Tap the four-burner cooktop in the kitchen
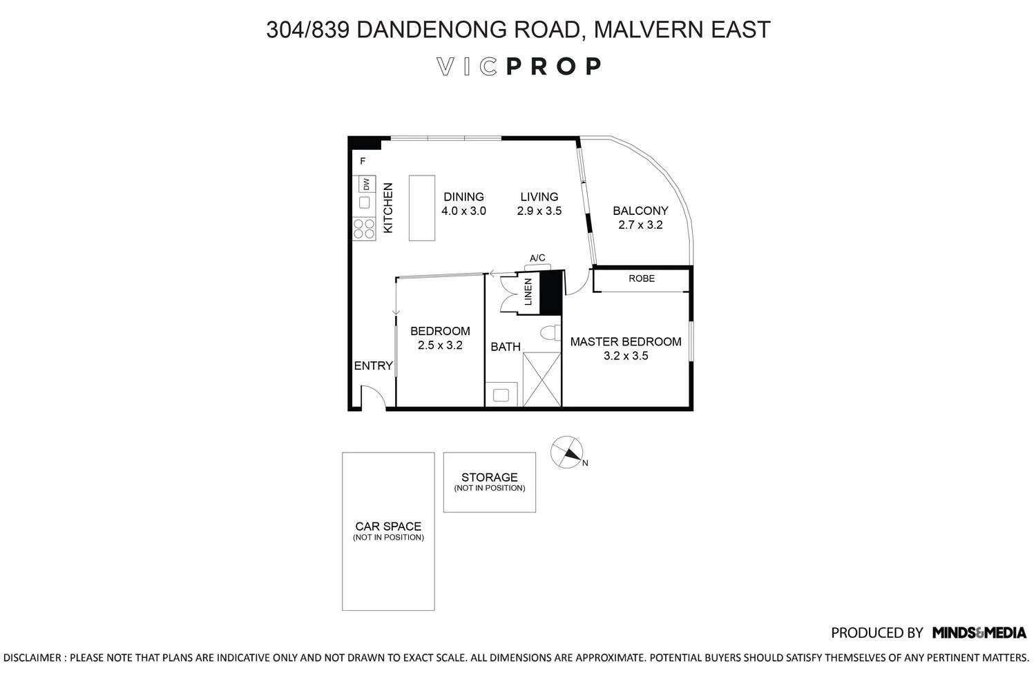pos(364,229)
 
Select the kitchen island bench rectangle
pos(421,207)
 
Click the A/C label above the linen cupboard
pos(537,258)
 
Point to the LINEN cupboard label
pos(528,292)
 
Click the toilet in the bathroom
pos(550,333)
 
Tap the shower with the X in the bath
pos(541,379)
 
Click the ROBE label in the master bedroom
pos(642,278)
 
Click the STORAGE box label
pos(489,477)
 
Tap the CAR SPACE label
pos(388,527)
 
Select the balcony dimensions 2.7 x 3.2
pos(640,225)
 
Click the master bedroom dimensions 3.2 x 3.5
pos(626,356)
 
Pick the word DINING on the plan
pos(463,197)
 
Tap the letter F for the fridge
pos(363,162)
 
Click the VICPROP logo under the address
pos(519,66)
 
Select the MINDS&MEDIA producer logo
pos(979,632)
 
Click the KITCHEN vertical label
pos(388,207)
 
